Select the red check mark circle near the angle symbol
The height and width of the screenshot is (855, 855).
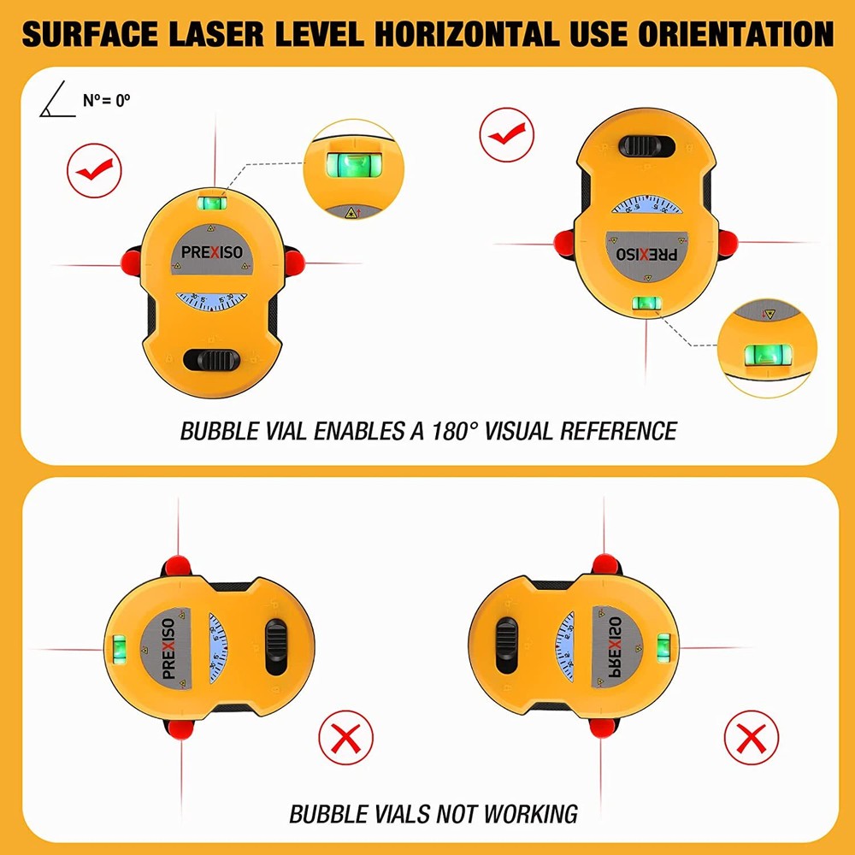point(94,168)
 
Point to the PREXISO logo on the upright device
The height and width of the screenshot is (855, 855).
point(211,253)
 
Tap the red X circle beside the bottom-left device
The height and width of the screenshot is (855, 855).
point(346,736)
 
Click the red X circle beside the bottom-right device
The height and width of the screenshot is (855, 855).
point(751,736)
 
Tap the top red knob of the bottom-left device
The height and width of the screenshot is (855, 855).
point(178,566)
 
